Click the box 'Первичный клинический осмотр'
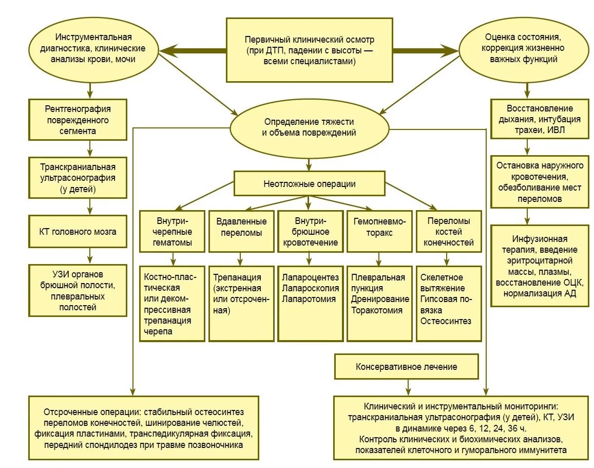click(x=309, y=50)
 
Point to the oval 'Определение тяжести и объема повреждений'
click(x=309, y=127)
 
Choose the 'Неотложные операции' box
click(x=309, y=183)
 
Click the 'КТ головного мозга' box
click(x=78, y=231)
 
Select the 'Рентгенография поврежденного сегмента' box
click(x=78, y=120)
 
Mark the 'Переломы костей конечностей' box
click(x=449, y=231)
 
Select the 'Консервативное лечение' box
click(x=406, y=367)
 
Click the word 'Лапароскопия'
click(x=310, y=288)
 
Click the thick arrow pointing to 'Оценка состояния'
click(x=426, y=50)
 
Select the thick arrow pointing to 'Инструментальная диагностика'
click(x=193, y=50)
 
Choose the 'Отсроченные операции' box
click(x=143, y=428)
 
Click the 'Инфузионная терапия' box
click(x=539, y=266)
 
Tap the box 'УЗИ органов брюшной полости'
click(x=78, y=290)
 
